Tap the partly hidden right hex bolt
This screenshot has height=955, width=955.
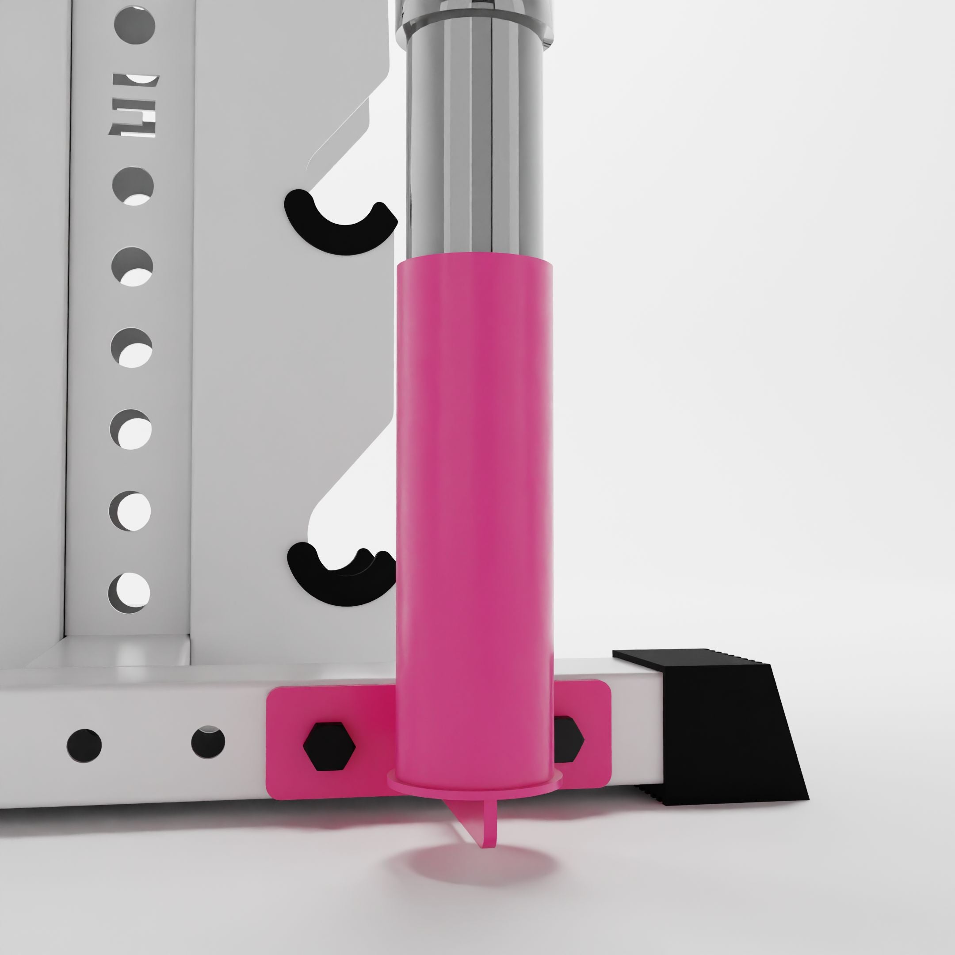[x=568, y=739]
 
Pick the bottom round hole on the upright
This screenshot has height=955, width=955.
[x=129, y=592]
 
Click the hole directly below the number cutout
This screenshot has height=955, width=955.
[x=133, y=186]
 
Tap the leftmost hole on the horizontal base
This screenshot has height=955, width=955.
[x=84, y=745]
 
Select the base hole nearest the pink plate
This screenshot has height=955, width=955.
[x=208, y=742]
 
